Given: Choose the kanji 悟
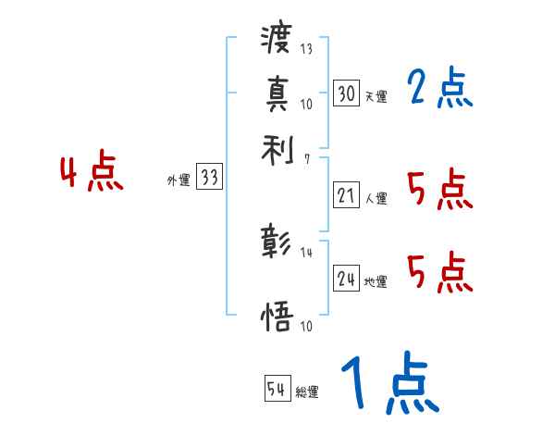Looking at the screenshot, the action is (277, 315).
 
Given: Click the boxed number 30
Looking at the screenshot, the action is (346, 93).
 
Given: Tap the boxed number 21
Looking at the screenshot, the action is (346, 195).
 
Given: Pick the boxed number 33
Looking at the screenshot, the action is (209, 179).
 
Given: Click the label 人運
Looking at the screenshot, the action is (376, 198).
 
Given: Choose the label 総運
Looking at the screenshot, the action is (308, 392).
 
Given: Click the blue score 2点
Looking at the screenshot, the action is (439, 90).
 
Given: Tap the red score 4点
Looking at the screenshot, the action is (92, 175).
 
